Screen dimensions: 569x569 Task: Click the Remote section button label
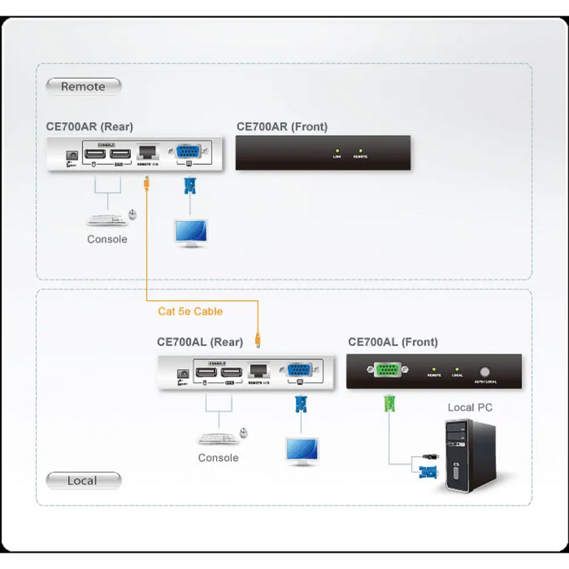coord(83,86)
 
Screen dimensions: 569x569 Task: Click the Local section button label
coord(82,480)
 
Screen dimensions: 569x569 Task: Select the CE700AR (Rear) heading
coord(89,127)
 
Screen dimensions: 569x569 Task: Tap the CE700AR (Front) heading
coord(282,127)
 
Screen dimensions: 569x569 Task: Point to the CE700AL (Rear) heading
coord(200,342)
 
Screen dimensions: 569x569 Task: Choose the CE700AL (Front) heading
coord(393,342)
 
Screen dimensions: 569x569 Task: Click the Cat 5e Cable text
coord(190,311)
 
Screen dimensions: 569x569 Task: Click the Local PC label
coord(470,407)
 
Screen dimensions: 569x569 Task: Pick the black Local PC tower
coord(470,455)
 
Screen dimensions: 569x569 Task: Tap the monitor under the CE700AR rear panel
coord(191,232)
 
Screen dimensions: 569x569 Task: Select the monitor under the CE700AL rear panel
coord(302,451)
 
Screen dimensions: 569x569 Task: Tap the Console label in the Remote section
coord(107,240)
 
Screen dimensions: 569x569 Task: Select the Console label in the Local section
coord(218,458)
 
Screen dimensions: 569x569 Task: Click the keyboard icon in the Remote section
coord(105,219)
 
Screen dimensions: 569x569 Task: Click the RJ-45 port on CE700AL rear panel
coord(258,370)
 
